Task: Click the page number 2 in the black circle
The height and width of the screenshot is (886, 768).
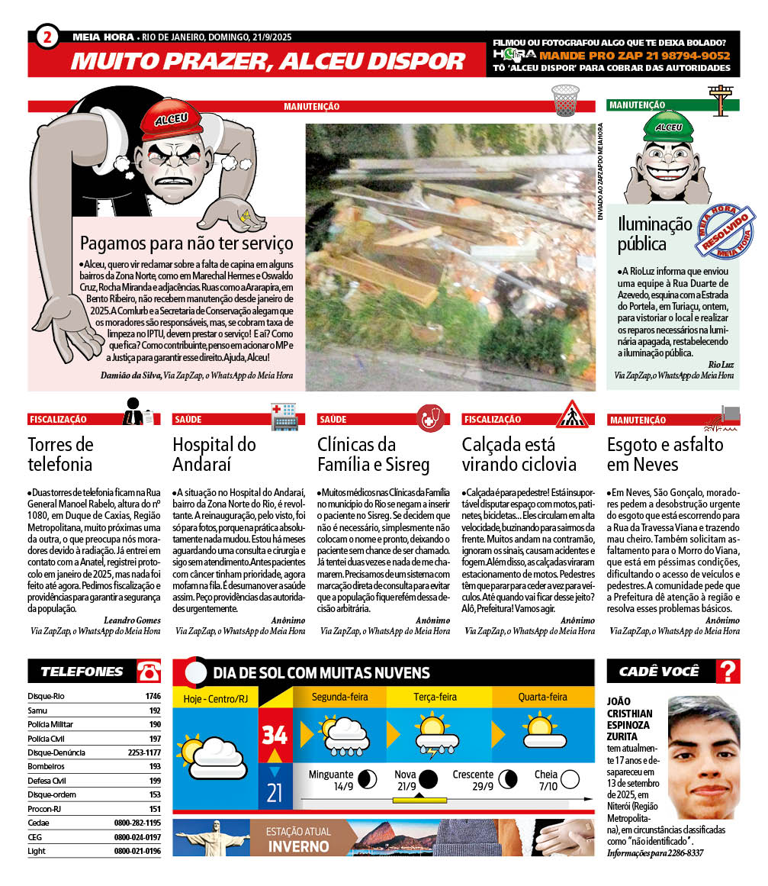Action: click(x=48, y=36)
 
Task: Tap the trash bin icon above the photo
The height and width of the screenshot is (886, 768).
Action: click(x=565, y=99)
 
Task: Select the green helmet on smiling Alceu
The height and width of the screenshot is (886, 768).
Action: click(x=661, y=126)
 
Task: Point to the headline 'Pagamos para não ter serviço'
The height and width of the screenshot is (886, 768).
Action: click(x=186, y=244)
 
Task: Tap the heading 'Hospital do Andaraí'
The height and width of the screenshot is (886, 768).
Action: click(x=214, y=454)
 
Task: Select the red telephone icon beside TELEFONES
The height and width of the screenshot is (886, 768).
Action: click(x=149, y=672)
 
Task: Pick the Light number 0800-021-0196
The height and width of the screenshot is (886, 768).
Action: click(x=137, y=851)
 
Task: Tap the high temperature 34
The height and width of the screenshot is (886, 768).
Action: click(x=274, y=734)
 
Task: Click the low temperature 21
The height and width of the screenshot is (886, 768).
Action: click(x=274, y=794)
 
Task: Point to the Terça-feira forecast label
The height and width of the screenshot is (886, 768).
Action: click(x=435, y=697)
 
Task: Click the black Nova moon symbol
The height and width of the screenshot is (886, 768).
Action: click(x=428, y=778)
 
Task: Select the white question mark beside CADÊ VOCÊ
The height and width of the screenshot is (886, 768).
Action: click(x=728, y=672)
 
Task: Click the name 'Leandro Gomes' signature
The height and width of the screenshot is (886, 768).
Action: click(x=132, y=620)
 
